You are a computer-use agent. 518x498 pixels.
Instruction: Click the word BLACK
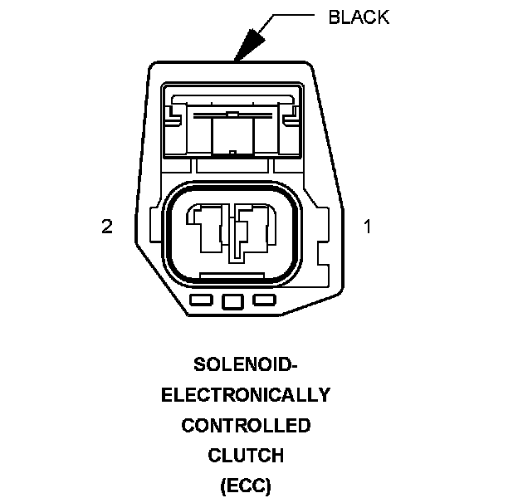(x=359, y=17)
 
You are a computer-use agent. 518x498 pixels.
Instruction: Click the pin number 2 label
(x=106, y=226)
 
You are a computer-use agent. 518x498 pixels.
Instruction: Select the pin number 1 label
(x=368, y=226)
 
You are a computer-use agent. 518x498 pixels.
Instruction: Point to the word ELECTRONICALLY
(x=246, y=395)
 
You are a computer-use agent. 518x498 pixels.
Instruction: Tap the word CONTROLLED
(x=246, y=426)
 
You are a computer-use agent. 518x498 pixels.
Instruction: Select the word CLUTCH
(x=246, y=456)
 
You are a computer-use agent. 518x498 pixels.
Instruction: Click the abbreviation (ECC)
(x=246, y=486)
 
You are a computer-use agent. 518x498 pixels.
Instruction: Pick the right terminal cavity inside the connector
(x=251, y=228)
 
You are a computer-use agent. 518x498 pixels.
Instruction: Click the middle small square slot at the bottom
(x=233, y=301)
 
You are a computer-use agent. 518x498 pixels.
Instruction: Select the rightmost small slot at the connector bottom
(x=264, y=300)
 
